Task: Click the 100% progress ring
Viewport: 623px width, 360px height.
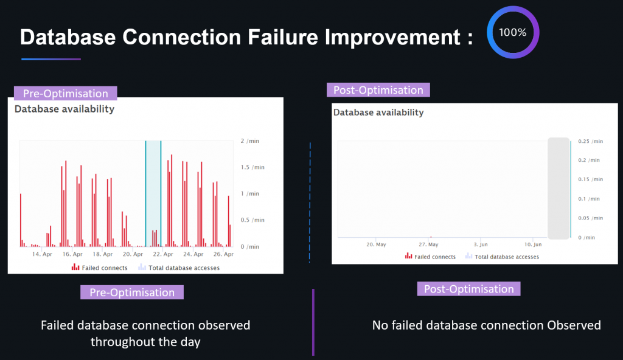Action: tap(513, 32)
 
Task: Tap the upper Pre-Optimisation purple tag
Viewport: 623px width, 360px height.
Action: tap(66, 93)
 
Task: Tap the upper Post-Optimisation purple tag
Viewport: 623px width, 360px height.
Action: tap(378, 90)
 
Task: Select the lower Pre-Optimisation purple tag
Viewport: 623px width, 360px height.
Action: tap(132, 292)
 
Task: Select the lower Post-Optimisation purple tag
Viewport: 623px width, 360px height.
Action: tap(468, 289)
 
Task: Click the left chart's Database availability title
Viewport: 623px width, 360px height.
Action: tap(64, 109)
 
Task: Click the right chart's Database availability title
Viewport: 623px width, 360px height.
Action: tap(378, 112)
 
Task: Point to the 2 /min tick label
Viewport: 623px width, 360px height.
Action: tap(249, 141)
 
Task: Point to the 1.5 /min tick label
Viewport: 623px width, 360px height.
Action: tap(252, 167)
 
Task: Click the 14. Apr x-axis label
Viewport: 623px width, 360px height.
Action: tap(42, 254)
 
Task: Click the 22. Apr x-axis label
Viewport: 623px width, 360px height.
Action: tap(163, 254)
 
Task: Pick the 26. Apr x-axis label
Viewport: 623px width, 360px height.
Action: tap(224, 254)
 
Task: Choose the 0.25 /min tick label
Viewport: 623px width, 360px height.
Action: tap(590, 141)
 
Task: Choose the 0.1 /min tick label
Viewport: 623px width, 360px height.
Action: tap(588, 199)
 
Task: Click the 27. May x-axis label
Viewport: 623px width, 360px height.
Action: tap(428, 244)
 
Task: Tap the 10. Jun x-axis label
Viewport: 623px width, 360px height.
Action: tap(532, 244)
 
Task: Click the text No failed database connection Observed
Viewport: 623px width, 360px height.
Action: tap(486, 325)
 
